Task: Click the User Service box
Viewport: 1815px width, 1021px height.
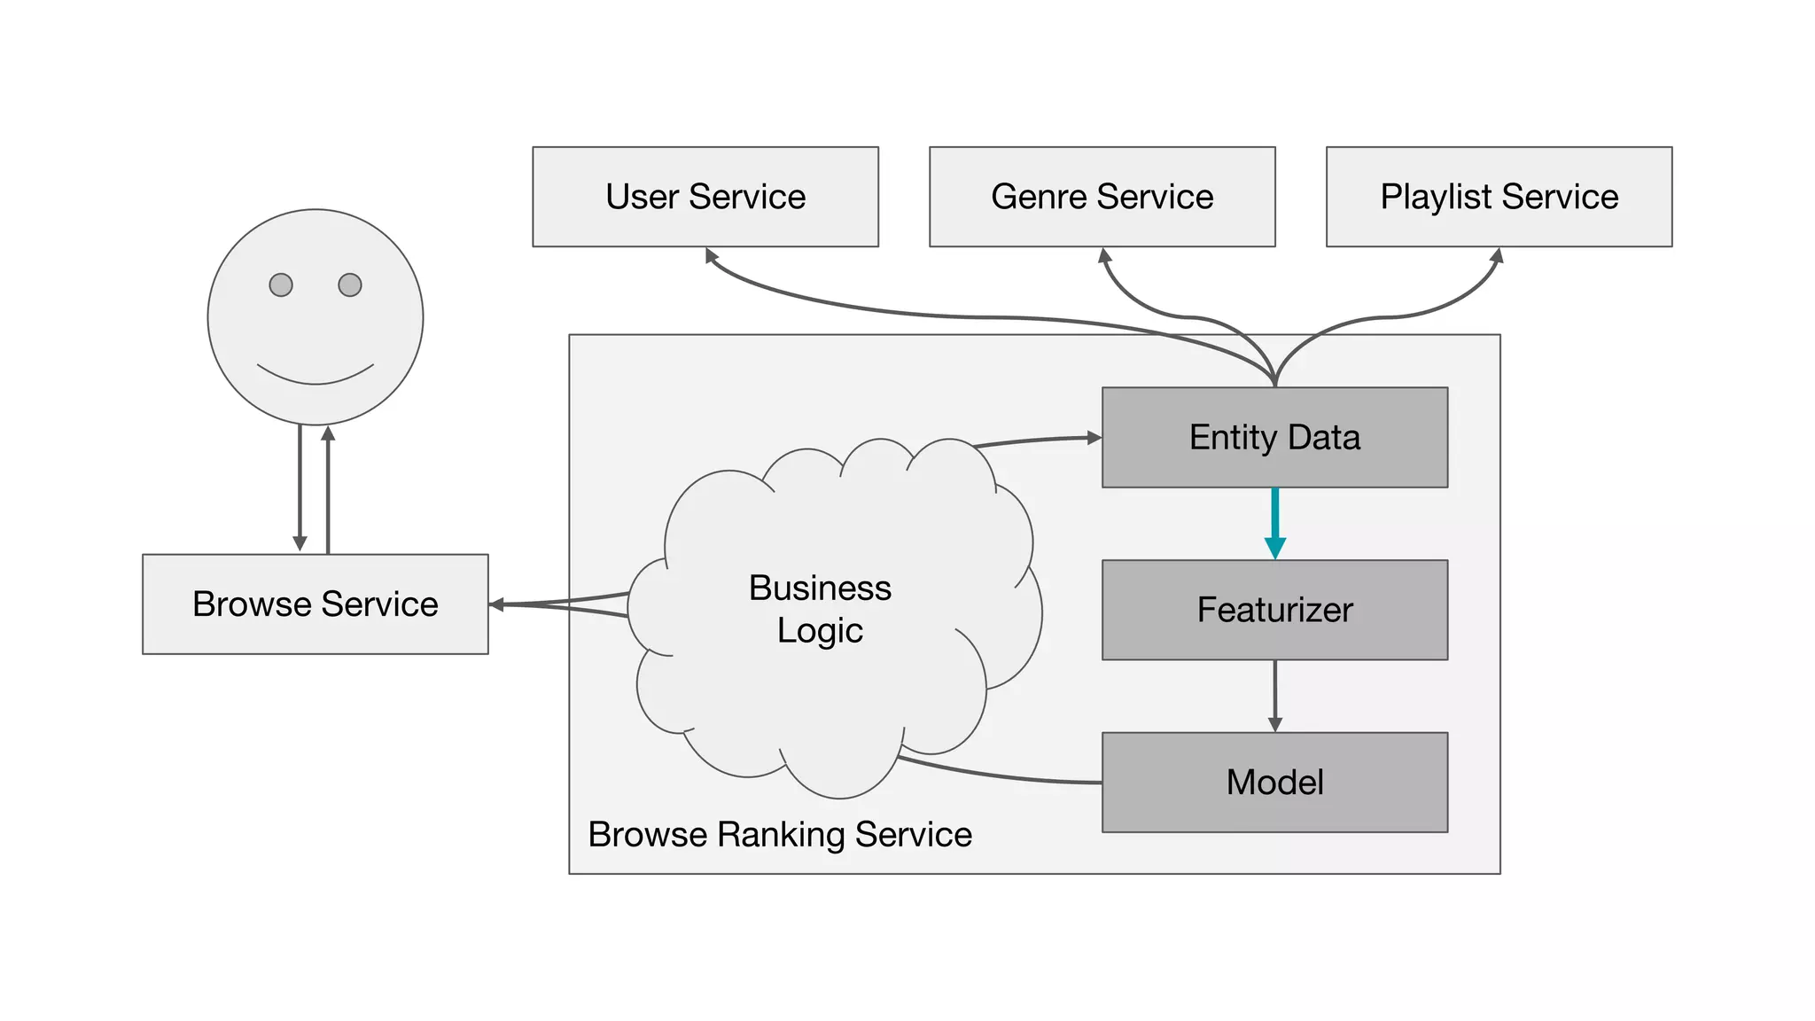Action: [705, 197]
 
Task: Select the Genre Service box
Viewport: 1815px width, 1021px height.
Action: [1102, 197]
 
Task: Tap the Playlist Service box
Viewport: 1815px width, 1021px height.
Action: [1499, 197]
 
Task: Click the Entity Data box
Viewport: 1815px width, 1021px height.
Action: [1274, 437]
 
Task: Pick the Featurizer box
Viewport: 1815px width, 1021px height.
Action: [1274, 610]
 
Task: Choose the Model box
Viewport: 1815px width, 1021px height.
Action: [1274, 782]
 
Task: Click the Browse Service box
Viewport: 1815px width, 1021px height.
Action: [315, 604]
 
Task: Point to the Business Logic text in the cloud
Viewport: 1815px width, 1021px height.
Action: [820, 609]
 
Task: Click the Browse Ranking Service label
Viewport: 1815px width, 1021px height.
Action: [780, 835]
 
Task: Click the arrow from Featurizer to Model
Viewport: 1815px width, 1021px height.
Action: [1275, 696]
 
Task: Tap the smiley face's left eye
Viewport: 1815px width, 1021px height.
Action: [281, 284]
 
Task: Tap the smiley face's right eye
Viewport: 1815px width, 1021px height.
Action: [350, 284]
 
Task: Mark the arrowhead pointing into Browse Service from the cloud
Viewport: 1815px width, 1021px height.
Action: [497, 604]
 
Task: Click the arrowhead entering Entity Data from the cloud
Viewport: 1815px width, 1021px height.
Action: [1094, 437]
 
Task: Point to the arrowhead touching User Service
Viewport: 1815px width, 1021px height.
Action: [711, 255]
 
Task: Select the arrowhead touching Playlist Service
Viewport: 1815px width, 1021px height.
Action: [1496, 256]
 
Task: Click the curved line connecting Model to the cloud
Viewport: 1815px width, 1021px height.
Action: [1001, 776]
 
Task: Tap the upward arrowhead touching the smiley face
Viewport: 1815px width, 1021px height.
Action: [328, 433]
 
